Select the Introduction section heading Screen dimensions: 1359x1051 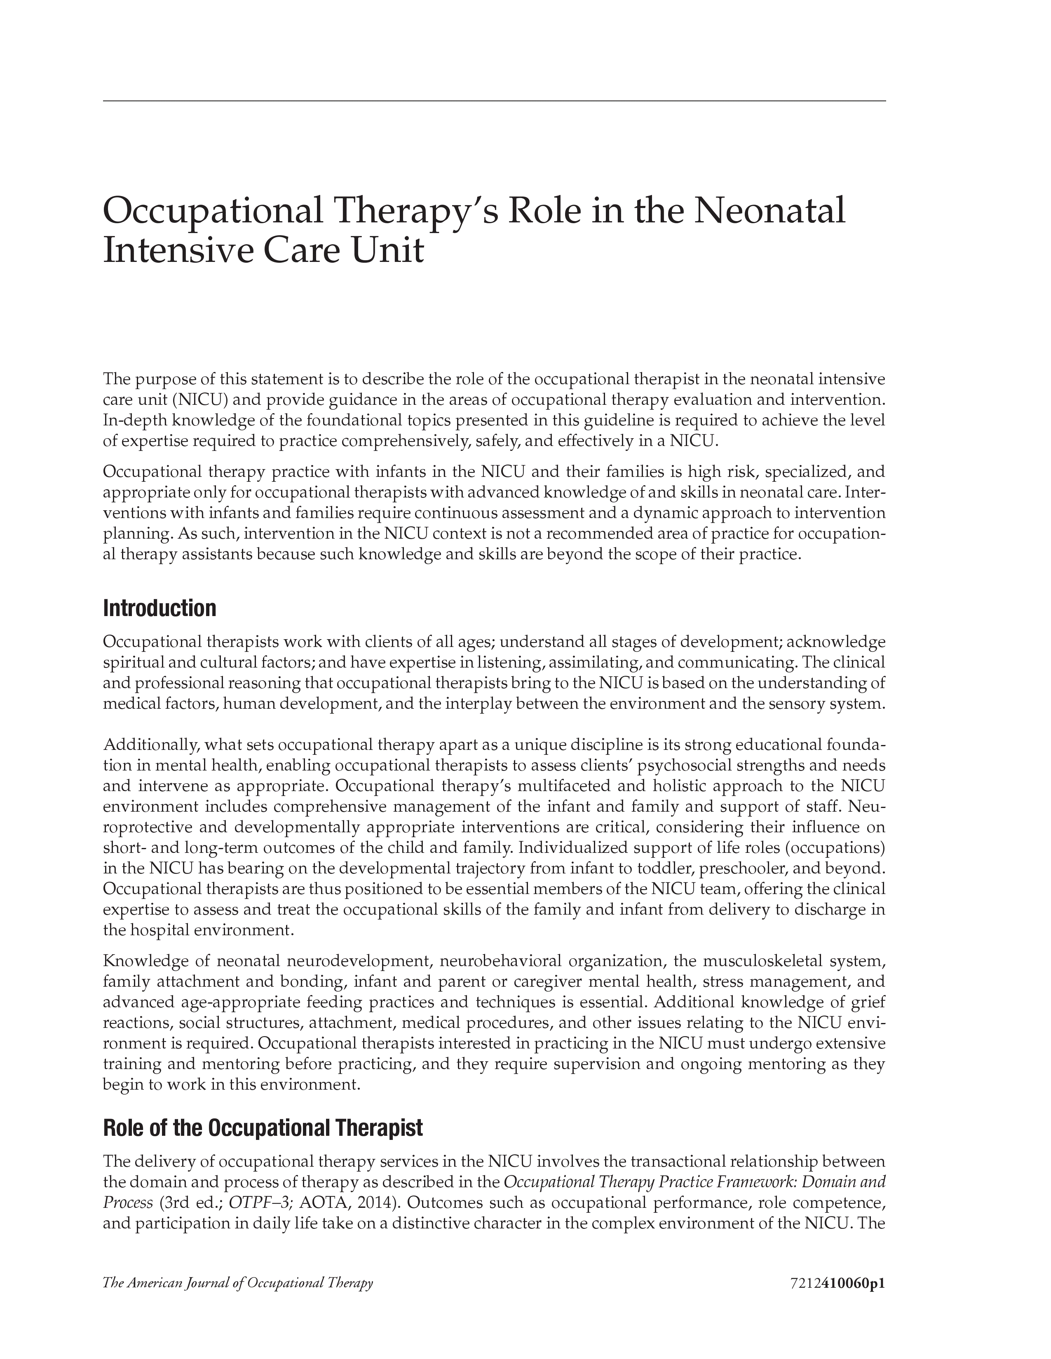tap(160, 609)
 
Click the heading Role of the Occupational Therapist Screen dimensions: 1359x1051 tap(263, 1128)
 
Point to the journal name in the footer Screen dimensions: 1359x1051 tap(238, 1283)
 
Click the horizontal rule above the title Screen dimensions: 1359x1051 tap(494, 101)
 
